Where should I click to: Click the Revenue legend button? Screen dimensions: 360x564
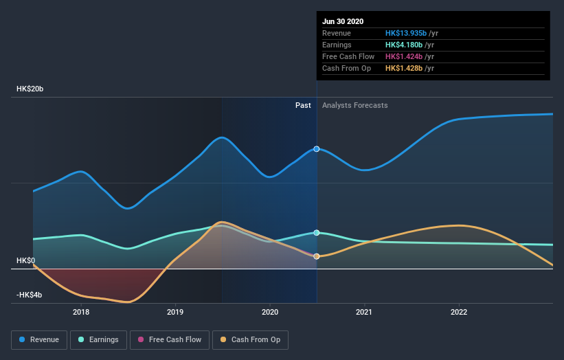pyautogui.click(x=40, y=339)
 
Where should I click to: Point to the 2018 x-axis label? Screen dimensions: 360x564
pyautogui.click(x=81, y=312)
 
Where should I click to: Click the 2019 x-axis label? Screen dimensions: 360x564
pyautogui.click(x=175, y=312)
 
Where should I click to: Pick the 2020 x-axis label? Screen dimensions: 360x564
pyautogui.click(x=270, y=312)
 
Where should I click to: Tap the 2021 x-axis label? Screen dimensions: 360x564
pyautogui.click(x=364, y=312)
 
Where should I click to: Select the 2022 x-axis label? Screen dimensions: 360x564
pyautogui.click(x=458, y=312)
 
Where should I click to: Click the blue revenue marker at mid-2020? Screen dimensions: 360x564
pyautogui.click(x=317, y=148)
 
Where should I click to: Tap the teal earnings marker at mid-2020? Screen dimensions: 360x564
pyautogui.click(x=317, y=233)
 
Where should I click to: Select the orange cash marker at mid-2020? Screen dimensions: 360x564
pyautogui.click(x=317, y=256)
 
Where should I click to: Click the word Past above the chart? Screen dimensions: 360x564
pyautogui.click(x=303, y=105)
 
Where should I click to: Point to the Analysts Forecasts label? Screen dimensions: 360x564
pyautogui.click(x=354, y=105)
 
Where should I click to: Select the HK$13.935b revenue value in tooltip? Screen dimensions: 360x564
pyautogui.click(x=406, y=33)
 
